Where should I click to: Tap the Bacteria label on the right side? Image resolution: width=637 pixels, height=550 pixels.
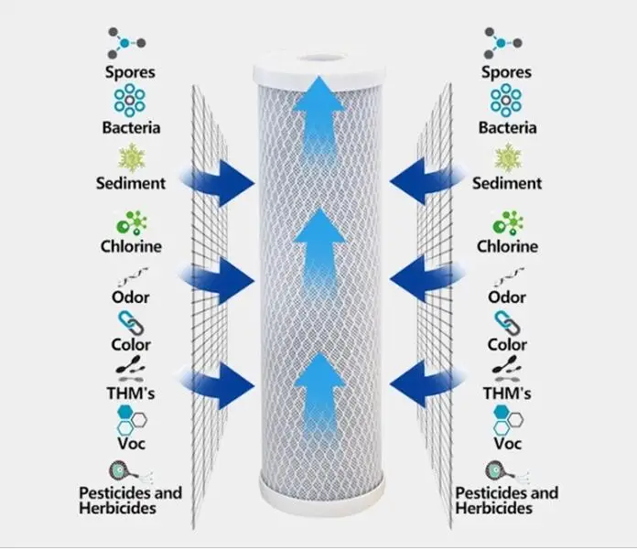(x=506, y=128)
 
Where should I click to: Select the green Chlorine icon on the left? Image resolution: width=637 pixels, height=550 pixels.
(x=131, y=222)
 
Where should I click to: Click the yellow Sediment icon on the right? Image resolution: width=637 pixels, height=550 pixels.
(x=506, y=156)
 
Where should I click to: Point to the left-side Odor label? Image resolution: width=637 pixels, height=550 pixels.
(x=130, y=297)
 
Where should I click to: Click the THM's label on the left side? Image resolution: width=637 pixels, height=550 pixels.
(x=130, y=394)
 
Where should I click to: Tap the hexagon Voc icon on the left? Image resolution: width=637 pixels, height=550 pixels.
(x=129, y=420)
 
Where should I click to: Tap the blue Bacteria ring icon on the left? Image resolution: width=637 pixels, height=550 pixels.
(x=130, y=100)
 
